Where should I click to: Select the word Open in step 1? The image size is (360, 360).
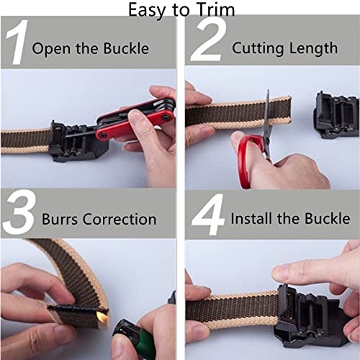pyautogui.click(x=50, y=49)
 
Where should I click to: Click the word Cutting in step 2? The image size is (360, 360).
pyautogui.click(x=257, y=49)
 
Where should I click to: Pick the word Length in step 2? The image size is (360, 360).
pyautogui.click(x=312, y=49)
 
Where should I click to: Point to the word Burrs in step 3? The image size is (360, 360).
pyautogui.click(x=57, y=219)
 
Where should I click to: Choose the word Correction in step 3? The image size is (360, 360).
pyautogui.click(x=122, y=219)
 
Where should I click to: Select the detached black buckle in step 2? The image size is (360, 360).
pyautogui.click(x=336, y=114)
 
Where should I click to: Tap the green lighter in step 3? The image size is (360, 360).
pyautogui.click(x=133, y=342)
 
